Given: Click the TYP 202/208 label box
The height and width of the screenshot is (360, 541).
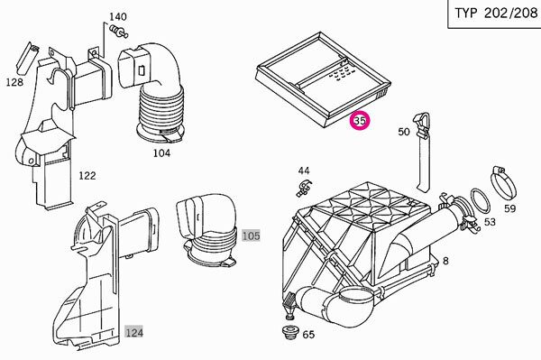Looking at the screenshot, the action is tap(494, 14).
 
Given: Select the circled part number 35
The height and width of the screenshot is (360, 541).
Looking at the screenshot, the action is tap(360, 121).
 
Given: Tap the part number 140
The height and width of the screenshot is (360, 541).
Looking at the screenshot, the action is tap(118, 16).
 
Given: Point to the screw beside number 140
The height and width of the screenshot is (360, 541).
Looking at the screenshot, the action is tap(119, 31).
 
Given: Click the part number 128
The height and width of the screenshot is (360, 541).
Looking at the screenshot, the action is tap(14, 82).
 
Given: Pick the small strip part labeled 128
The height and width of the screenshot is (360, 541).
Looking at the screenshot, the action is tap(28, 58).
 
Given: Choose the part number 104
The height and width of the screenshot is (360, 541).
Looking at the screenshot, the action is tap(161, 152).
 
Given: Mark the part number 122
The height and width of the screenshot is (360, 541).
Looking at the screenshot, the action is tap(87, 176).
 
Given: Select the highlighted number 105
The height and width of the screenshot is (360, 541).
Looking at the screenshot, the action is tap(251, 236).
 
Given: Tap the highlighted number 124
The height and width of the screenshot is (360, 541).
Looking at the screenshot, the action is tap(133, 333).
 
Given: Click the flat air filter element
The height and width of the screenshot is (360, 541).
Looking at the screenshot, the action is tap(324, 79).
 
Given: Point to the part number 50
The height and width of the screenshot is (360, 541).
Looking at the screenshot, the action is tap(404, 132).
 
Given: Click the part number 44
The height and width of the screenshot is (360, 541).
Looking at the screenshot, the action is tap(304, 171).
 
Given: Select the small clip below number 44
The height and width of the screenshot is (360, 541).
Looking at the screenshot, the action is tap(303, 188).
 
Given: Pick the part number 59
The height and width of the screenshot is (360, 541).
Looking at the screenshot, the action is tap(510, 208).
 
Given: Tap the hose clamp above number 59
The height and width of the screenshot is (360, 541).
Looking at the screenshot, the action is tap(502, 183).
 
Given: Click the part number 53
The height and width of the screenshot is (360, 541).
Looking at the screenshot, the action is tap(490, 222).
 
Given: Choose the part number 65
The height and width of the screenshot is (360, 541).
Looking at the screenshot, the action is tap(308, 335).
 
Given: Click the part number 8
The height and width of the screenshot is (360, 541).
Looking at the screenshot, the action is tap(445, 261).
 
